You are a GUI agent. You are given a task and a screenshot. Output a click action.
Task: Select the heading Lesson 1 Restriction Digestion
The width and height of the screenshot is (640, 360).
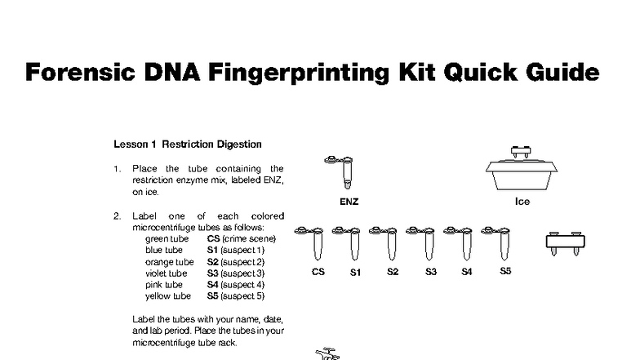pyautogui.click(x=187, y=144)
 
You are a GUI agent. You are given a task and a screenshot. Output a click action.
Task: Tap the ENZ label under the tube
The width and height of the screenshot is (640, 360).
pyautogui.click(x=349, y=201)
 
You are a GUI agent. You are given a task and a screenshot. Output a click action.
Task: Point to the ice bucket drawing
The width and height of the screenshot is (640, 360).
pyautogui.click(x=521, y=170)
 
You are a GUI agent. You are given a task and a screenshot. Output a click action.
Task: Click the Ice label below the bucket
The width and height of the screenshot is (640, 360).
pyautogui.click(x=522, y=201)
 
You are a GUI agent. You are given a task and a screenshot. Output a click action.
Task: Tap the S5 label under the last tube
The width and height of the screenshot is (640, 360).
pyautogui.click(x=504, y=271)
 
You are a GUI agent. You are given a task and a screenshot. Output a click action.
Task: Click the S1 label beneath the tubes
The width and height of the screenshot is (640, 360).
pyautogui.click(x=355, y=272)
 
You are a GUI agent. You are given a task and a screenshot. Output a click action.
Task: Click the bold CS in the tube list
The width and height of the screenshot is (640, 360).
pyautogui.click(x=213, y=238)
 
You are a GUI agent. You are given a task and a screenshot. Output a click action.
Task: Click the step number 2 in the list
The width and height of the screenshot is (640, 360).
pyautogui.click(x=116, y=216)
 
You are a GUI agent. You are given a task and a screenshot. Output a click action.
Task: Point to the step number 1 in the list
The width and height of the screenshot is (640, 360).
pyautogui.click(x=116, y=169)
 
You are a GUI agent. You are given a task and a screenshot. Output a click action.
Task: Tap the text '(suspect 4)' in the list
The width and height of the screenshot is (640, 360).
pyautogui.click(x=242, y=284)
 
